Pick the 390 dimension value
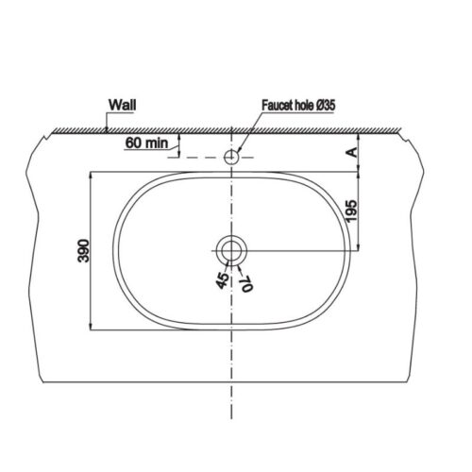point(82,251)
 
